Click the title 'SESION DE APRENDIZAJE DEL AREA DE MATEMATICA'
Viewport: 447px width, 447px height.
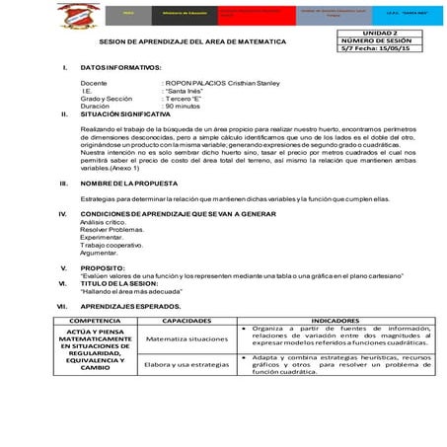click(193, 42)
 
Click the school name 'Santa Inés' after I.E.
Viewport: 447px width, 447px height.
click(182, 91)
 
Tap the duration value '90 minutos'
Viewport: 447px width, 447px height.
click(183, 107)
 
